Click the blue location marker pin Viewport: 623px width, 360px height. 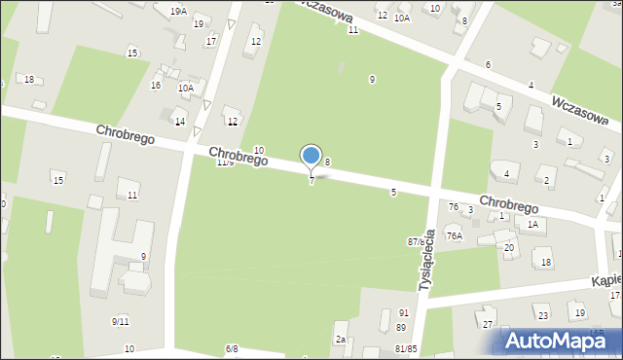click(311, 157)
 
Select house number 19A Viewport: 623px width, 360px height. click(178, 11)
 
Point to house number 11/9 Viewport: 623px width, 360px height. click(225, 162)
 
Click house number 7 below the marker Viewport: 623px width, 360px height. click(311, 181)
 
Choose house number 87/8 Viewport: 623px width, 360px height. click(417, 240)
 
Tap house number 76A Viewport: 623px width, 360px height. click(454, 235)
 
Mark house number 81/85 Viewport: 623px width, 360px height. click(406, 348)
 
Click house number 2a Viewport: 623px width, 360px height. click(341, 339)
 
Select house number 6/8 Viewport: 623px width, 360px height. click(232, 348)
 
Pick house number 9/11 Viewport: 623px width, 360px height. click(121, 321)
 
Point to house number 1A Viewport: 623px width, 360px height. click(531, 225)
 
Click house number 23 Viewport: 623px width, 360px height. click(543, 315)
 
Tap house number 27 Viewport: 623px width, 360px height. click(488, 324)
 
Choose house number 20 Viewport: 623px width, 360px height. click(509, 247)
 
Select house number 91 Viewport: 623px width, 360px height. click(403, 313)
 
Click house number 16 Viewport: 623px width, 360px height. click(156, 86)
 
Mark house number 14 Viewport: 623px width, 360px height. click(180, 122)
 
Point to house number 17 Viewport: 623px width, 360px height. click(211, 41)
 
